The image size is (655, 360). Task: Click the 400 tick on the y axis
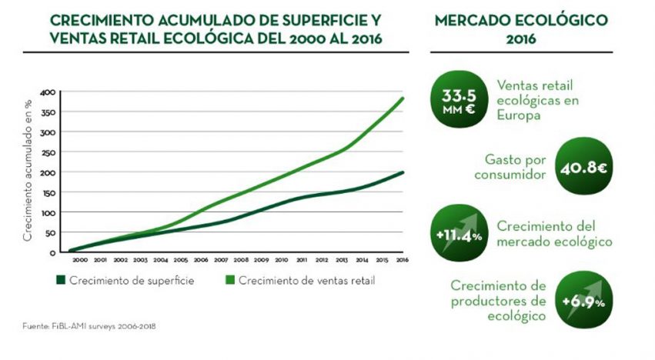(x=48, y=92)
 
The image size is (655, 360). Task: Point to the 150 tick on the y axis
(x=48, y=192)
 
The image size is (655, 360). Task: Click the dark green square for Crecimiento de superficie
(x=59, y=281)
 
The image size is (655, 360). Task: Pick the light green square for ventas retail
(x=229, y=281)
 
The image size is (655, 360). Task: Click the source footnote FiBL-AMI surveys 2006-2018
(x=89, y=325)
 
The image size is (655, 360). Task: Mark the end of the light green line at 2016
(x=403, y=98)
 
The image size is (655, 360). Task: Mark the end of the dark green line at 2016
(x=403, y=172)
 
